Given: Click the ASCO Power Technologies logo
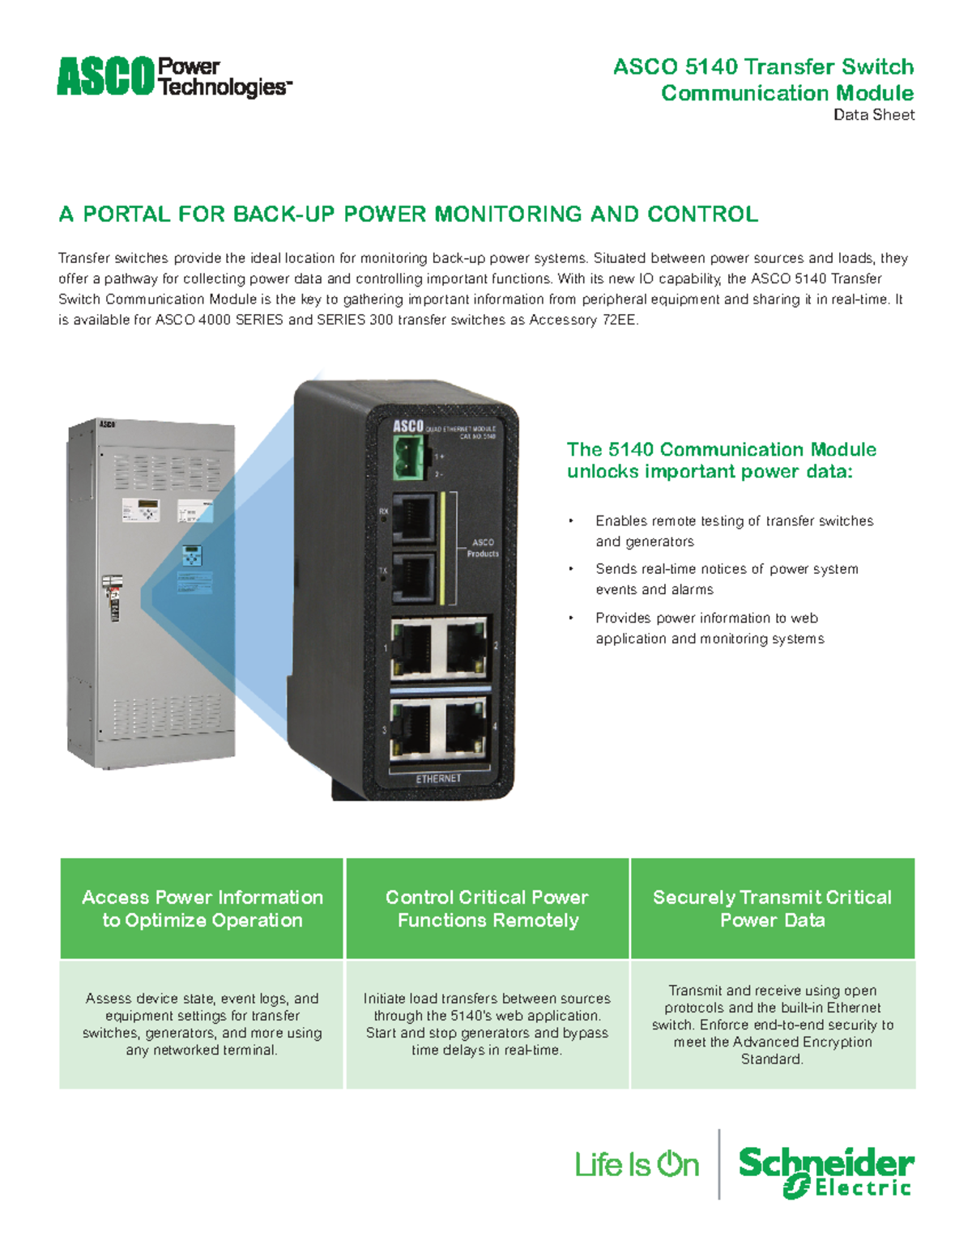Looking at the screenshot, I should (174, 78).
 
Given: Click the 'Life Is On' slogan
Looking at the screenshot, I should (637, 1165).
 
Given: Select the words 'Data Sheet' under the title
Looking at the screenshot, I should (874, 115).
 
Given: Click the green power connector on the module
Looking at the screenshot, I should (409, 457).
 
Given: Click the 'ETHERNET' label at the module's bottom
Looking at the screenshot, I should (438, 779).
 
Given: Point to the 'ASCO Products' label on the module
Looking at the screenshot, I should (483, 548).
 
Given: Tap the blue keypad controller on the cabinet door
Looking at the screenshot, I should (192, 556).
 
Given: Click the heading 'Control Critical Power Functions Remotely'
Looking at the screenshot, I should (487, 909).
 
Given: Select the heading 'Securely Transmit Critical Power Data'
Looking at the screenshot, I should (772, 909).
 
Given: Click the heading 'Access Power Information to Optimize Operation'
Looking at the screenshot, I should (202, 909).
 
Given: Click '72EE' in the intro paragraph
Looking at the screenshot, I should (619, 320).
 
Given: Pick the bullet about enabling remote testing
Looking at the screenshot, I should (734, 531).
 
